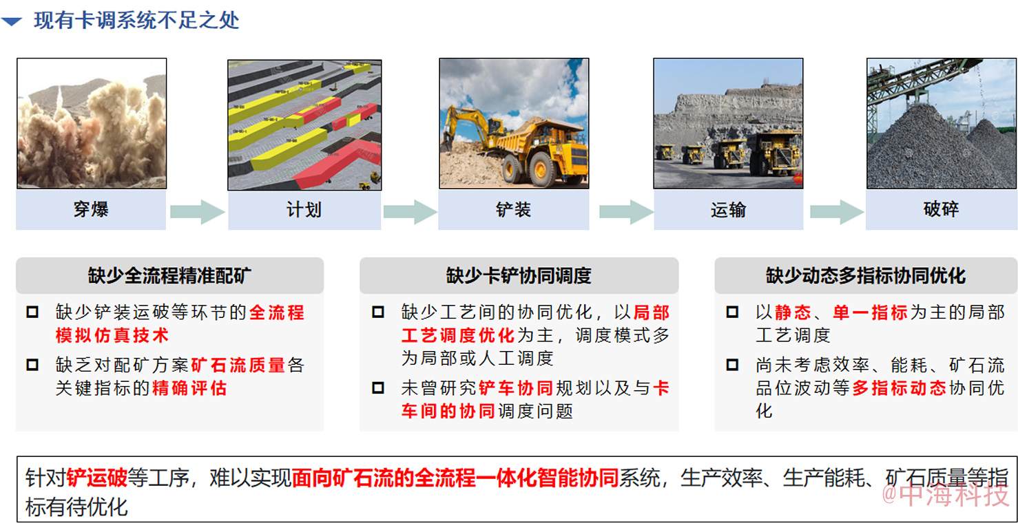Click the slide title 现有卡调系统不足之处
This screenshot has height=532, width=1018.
[x=136, y=21]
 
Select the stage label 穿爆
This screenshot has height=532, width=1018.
[x=91, y=209]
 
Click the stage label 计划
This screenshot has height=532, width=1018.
[x=304, y=210]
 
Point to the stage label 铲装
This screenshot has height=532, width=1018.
[x=514, y=210]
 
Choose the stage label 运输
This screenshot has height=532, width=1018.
[x=729, y=210]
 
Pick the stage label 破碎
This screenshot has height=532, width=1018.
[x=941, y=209]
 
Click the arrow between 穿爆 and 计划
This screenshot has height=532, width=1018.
[x=197, y=211]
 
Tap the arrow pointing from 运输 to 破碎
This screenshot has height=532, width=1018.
[x=837, y=211]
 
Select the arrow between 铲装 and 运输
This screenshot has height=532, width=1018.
[x=626, y=211]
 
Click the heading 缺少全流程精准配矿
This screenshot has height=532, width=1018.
[x=169, y=275]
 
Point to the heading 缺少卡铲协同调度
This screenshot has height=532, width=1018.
[x=519, y=275]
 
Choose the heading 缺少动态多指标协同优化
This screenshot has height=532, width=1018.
[x=866, y=275]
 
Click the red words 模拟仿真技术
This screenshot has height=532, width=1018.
[x=112, y=335]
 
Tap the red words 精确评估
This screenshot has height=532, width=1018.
[x=189, y=388]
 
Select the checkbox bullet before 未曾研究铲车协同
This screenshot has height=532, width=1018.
[x=378, y=387]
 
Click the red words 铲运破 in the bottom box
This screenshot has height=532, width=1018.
[x=97, y=478]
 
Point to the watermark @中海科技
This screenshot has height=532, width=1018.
[x=944, y=495]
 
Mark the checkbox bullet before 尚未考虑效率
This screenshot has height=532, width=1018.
[x=732, y=365]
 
